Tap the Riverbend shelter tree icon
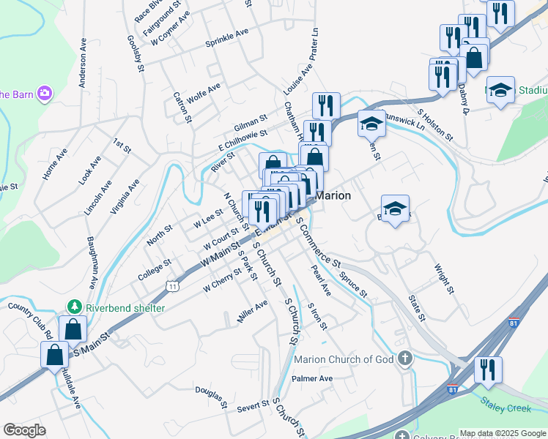tap(73, 307)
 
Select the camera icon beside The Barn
tap(45, 93)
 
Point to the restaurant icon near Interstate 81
tap(486, 369)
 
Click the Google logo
tap(24, 429)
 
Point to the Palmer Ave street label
tap(312, 379)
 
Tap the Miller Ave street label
tap(252, 312)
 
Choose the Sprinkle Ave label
tap(227, 37)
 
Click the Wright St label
tap(444, 279)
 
